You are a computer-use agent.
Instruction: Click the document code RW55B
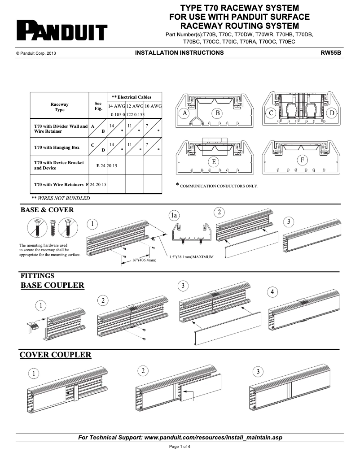click(x=331, y=53)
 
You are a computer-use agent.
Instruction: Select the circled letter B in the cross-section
click(x=217, y=113)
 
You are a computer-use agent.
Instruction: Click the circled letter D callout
click(x=332, y=113)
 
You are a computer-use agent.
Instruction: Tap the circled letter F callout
click(x=303, y=160)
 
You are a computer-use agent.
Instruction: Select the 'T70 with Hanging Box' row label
click(x=57, y=147)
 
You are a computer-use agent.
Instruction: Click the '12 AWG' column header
click(x=134, y=106)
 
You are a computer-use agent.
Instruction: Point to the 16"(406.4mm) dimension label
click(x=144, y=260)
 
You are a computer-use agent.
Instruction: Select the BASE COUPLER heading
click(x=53, y=285)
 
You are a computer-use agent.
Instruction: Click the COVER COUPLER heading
click(x=56, y=355)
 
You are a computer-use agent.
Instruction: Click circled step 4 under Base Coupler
click(x=272, y=292)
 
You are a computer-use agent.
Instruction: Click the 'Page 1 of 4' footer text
click(x=180, y=447)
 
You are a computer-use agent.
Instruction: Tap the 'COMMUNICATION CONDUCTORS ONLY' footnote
click(x=219, y=186)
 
